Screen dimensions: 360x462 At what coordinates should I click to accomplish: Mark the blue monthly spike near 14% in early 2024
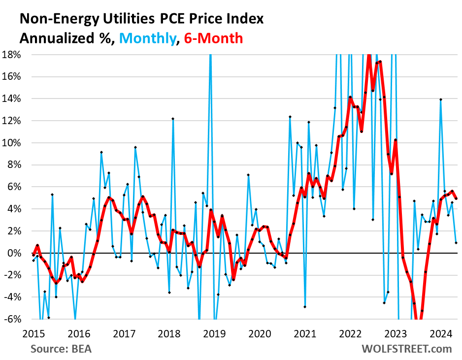tap(440, 99)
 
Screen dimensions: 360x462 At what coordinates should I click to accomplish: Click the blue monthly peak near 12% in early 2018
tap(173, 119)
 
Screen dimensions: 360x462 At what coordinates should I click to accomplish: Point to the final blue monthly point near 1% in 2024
tap(456, 243)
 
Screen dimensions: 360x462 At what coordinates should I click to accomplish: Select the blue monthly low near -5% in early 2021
tap(305, 307)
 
